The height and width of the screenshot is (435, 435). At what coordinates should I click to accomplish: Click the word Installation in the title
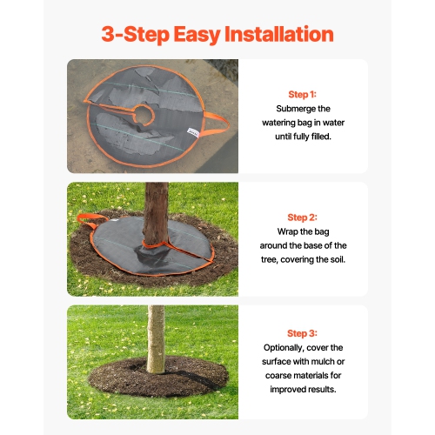(279, 35)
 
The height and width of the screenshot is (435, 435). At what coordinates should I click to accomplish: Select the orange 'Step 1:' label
(302, 94)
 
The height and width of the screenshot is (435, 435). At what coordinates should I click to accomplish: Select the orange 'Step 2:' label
(302, 217)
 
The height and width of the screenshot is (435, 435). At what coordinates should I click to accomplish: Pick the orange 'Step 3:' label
(302, 333)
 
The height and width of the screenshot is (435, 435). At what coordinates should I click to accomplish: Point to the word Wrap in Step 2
(277, 231)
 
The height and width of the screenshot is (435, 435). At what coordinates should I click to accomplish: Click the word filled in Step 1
(322, 136)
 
